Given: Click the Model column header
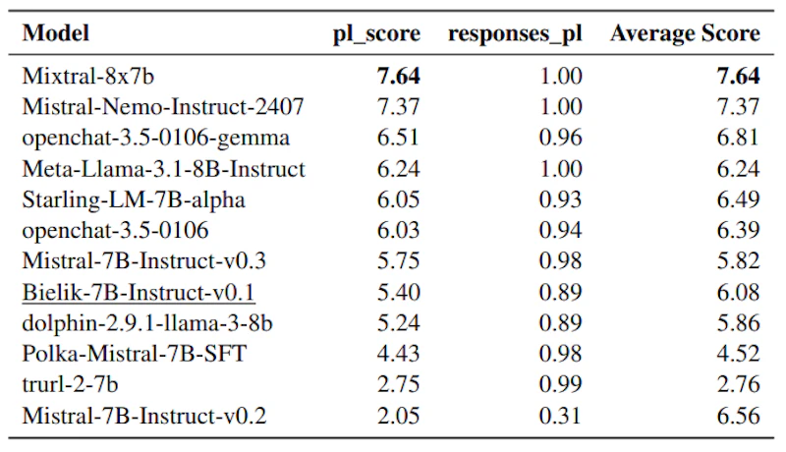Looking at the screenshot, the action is point(56,33).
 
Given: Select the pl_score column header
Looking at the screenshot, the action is point(376,34).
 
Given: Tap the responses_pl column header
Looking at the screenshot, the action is point(515,34).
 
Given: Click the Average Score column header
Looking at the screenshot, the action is point(685,33).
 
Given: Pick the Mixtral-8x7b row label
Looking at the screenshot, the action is point(88,77).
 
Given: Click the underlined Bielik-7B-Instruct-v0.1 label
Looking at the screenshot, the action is point(139,292).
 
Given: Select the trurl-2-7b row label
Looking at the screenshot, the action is point(70,384).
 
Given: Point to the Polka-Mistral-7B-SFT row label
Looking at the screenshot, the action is point(135,354).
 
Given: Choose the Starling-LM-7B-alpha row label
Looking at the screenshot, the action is point(134,199).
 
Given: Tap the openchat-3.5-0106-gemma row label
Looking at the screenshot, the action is point(156,139).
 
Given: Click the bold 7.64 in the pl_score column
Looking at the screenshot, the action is point(399,77).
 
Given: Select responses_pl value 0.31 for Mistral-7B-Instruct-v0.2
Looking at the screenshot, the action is point(560,416).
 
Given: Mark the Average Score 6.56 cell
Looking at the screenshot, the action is point(739,416).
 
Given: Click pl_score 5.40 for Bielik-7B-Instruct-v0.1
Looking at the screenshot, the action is point(399,292).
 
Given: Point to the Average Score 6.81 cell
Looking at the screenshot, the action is point(738,138).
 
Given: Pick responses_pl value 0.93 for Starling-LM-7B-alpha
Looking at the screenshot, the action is point(560,199).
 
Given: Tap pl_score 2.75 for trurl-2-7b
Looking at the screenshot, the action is point(399,384).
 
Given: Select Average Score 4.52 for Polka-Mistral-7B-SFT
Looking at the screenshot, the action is point(739,354).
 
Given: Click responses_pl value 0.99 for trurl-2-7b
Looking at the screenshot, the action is point(560,384).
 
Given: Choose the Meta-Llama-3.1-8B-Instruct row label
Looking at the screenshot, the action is point(163,169).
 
